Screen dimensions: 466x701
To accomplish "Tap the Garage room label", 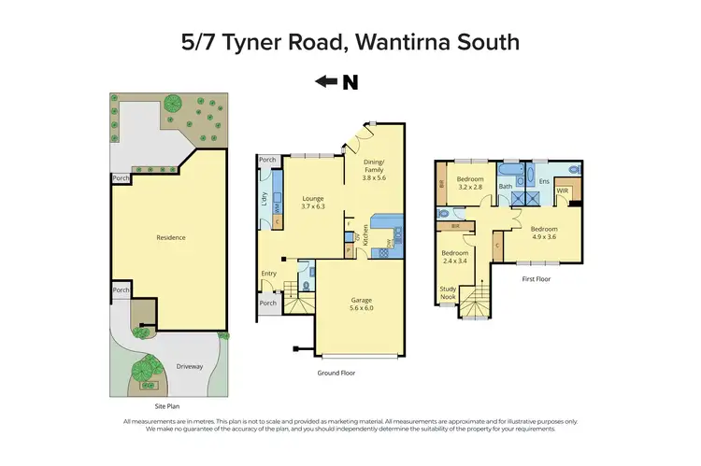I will [361, 302].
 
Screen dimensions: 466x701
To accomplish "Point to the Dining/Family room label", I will [374, 169].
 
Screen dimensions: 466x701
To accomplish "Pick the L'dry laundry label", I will [265, 198].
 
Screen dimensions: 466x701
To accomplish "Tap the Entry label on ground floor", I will [269, 273].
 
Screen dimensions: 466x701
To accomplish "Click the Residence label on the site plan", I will [170, 237].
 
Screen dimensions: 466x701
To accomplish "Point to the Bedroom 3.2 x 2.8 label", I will [470, 183].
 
